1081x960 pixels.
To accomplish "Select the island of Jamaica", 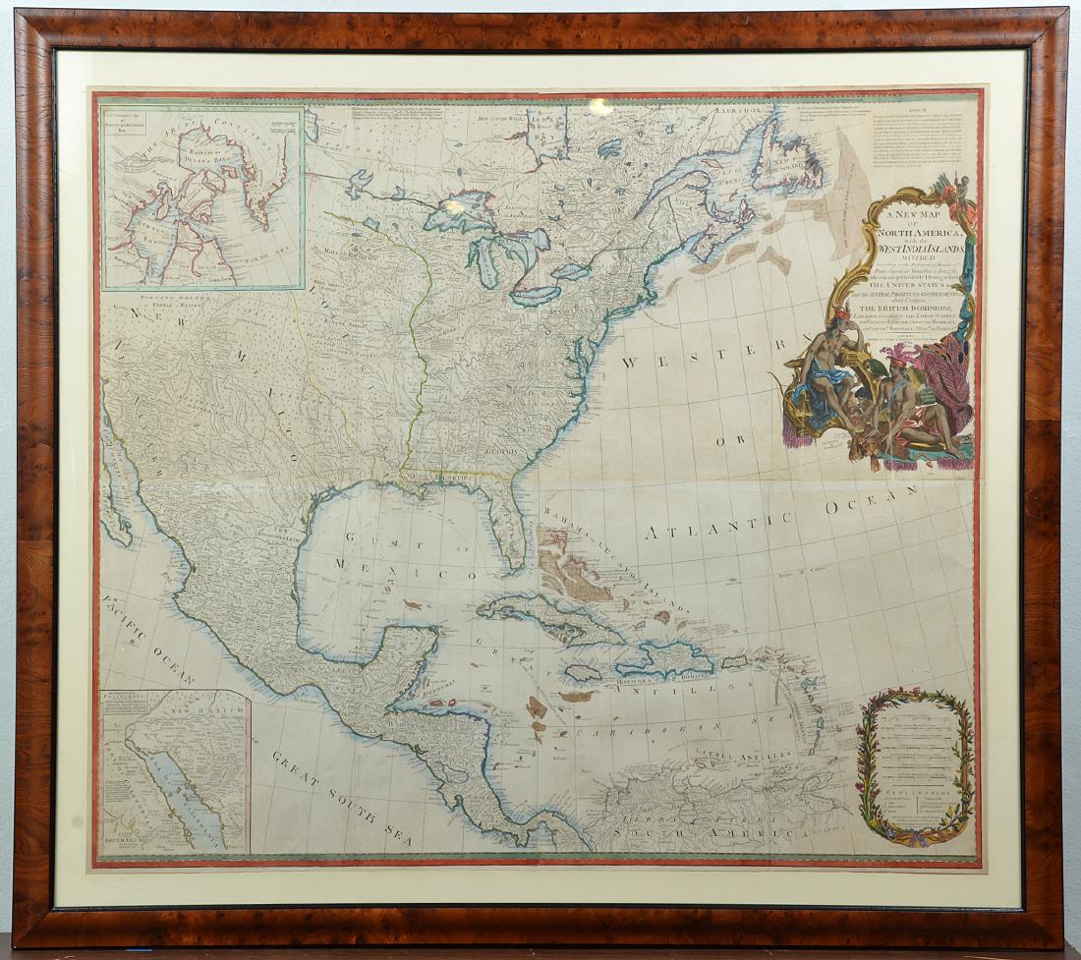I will (582, 673).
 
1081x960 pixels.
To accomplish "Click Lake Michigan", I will (484, 257).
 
